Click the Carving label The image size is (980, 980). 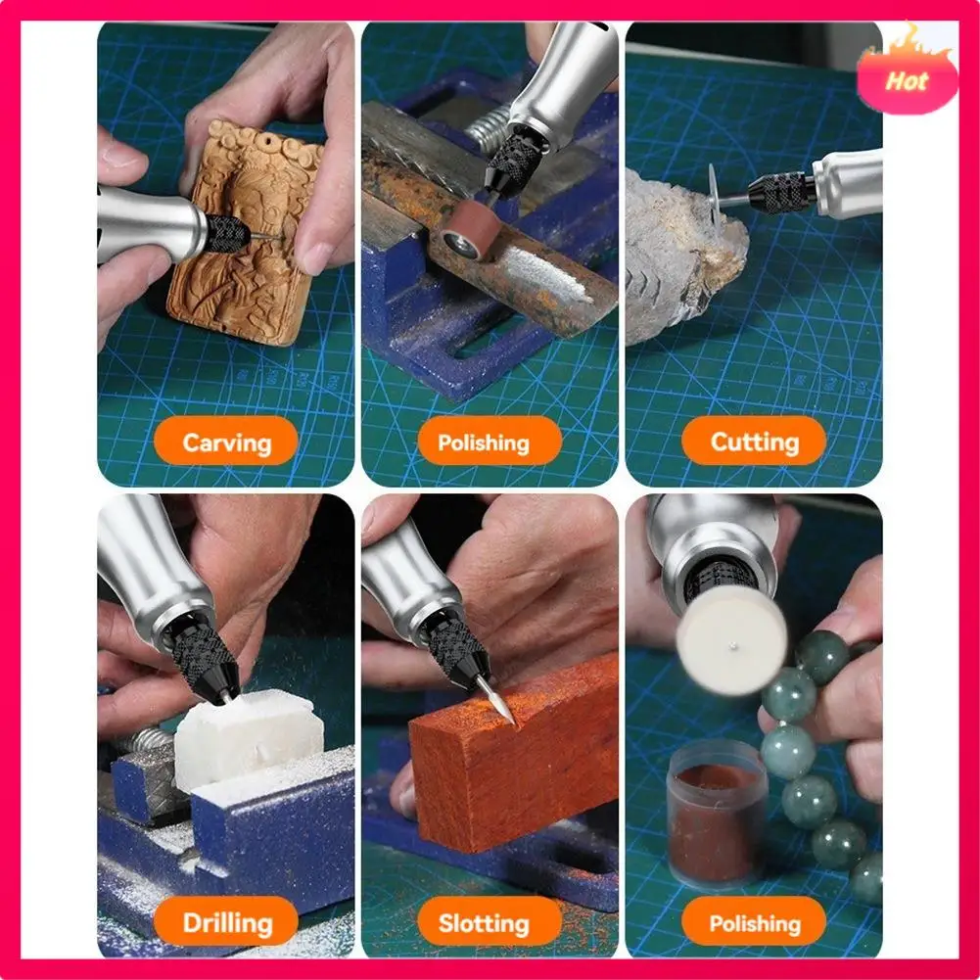click(x=226, y=442)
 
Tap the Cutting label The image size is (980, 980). click(x=754, y=442)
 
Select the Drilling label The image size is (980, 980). click(x=226, y=922)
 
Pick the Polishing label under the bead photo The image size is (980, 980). click(x=754, y=922)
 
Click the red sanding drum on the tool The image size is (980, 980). click(x=467, y=229)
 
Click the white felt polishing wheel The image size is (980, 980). click(x=730, y=637)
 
